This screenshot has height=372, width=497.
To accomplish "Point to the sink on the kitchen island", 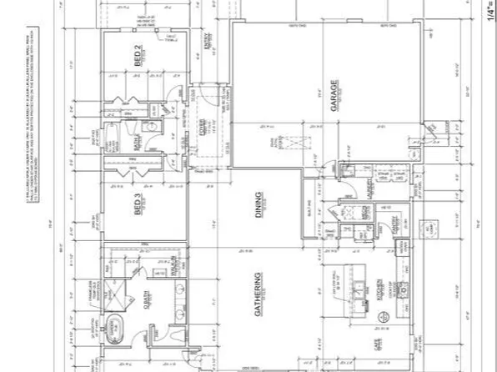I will click(360, 291).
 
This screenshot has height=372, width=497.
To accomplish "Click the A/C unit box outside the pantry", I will click(432, 228).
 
